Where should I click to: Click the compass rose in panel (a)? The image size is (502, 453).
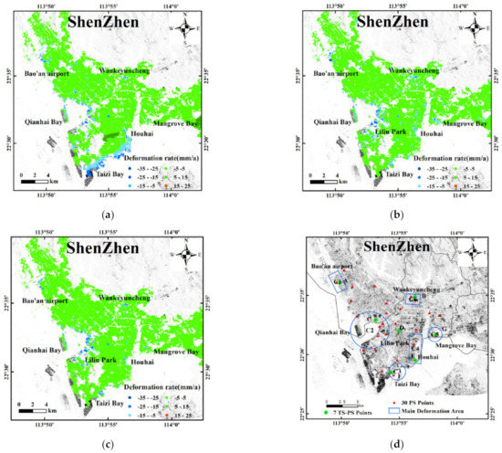[185, 28]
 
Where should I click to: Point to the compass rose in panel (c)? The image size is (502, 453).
[185, 257]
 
